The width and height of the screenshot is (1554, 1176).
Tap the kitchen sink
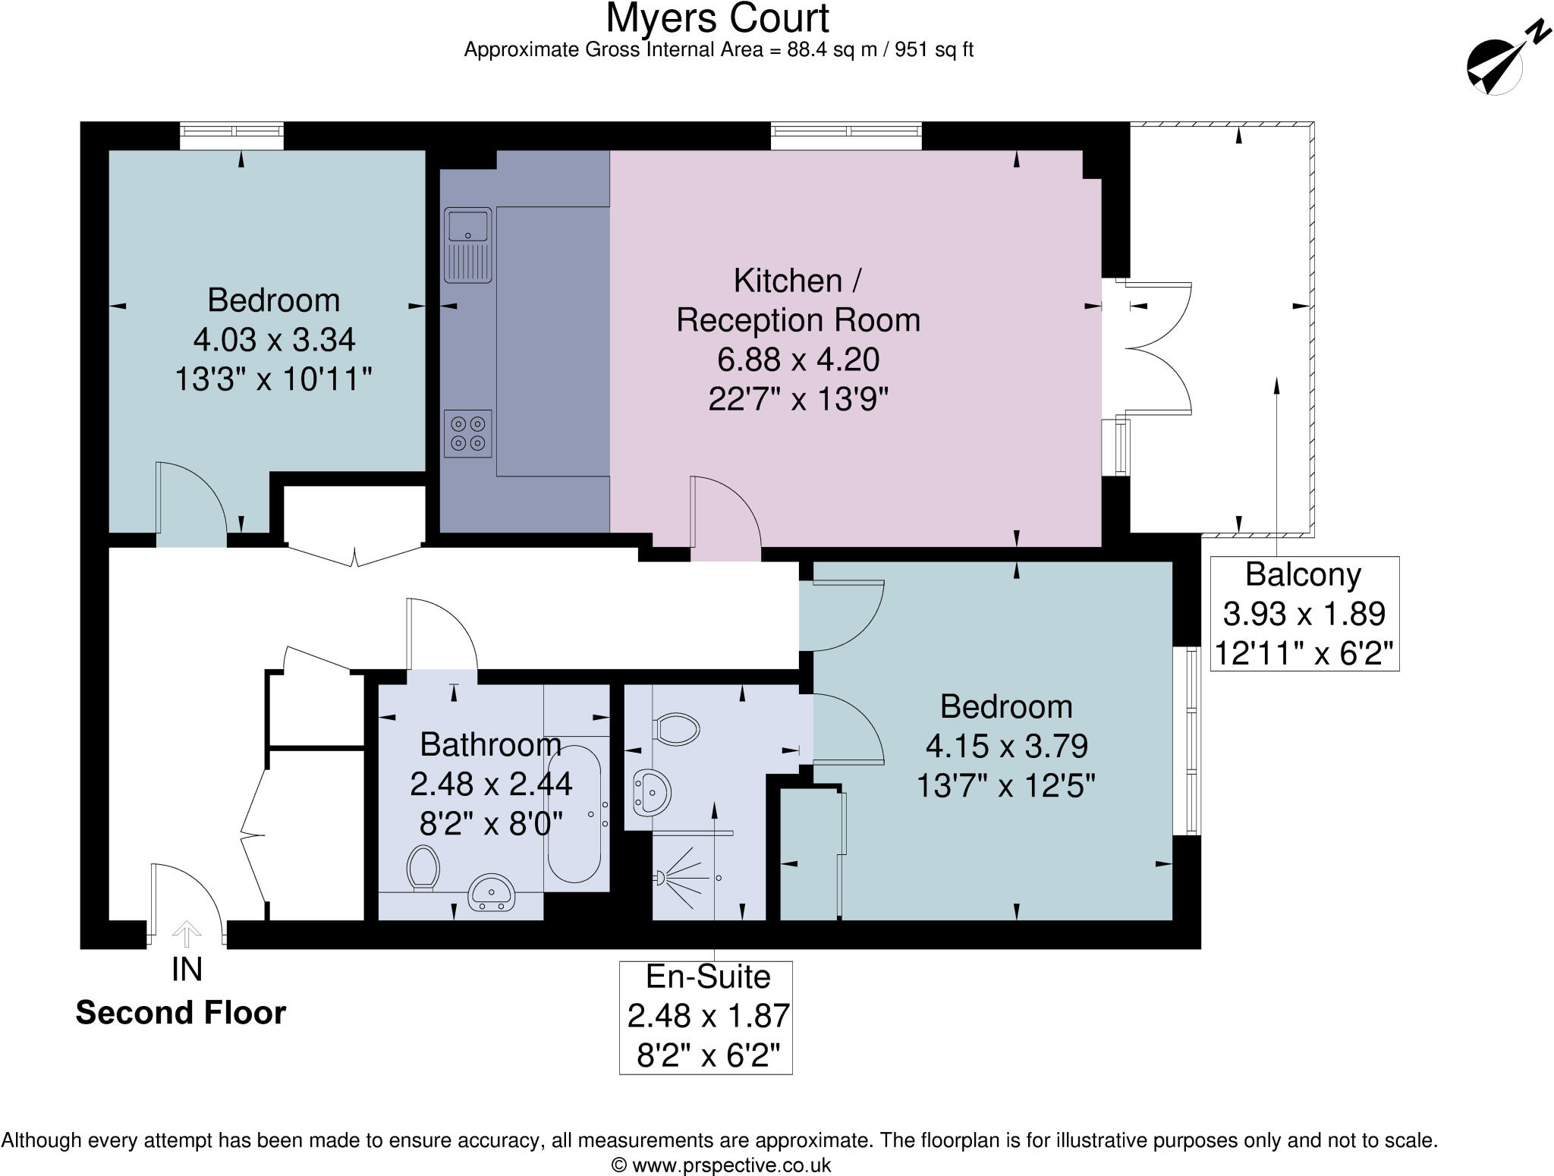pos(468,244)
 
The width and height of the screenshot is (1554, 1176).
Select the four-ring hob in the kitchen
pos(467,433)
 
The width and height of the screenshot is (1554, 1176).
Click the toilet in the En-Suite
pos(677,729)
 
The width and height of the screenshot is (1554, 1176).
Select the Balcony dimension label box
pos(1304,613)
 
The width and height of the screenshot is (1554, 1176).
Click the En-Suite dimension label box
pos(706,1017)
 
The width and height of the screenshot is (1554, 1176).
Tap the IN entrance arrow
pos(187,932)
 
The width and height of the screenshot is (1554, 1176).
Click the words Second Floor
pos(181,1013)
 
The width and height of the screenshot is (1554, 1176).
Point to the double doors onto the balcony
pos(1157,348)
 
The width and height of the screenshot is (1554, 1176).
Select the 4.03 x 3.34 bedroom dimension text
pos(274,340)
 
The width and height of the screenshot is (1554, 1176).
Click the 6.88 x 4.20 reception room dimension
pos(798,359)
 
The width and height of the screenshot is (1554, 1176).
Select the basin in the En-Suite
pos(651,792)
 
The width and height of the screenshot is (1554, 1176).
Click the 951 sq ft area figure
pos(933,50)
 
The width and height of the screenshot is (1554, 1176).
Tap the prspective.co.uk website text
pos(721,1165)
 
